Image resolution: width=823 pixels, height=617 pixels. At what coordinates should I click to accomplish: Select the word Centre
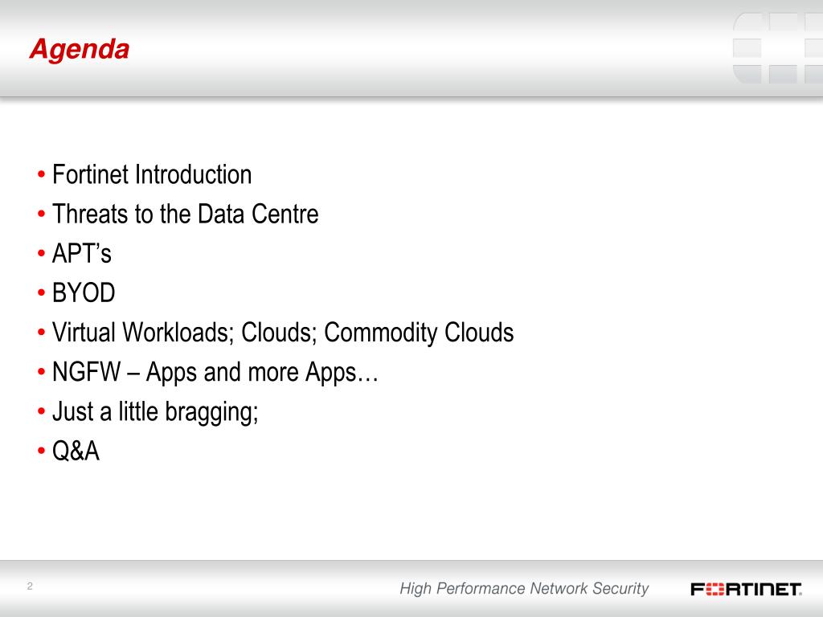[x=285, y=214]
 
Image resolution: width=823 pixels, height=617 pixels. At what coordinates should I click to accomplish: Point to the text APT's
[x=82, y=253]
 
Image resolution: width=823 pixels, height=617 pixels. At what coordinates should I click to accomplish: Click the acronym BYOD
[x=84, y=292]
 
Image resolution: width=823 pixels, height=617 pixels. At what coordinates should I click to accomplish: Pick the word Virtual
[x=84, y=332]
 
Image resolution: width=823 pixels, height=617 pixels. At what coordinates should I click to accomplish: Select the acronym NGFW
[x=87, y=371]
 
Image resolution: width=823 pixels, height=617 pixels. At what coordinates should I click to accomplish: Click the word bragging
[x=211, y=412]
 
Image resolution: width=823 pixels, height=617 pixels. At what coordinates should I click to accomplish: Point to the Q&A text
[x=76, y=451]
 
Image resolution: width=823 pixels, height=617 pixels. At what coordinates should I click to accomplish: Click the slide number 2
[x=30, y=586]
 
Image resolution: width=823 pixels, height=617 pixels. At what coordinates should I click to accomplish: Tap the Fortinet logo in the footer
[x=746, y=589]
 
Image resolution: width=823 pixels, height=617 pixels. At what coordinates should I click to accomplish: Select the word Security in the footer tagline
[x=621, y=589]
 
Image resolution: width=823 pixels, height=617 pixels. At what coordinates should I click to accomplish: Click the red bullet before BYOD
[x=42, y=292]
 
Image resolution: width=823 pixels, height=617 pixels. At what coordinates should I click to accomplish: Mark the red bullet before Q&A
[x=42, y=451]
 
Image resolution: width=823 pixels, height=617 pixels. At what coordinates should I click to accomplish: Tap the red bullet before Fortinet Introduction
[x=42, y=174]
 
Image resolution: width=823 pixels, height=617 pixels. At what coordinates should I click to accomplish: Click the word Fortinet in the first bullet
[x=90, y=174]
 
